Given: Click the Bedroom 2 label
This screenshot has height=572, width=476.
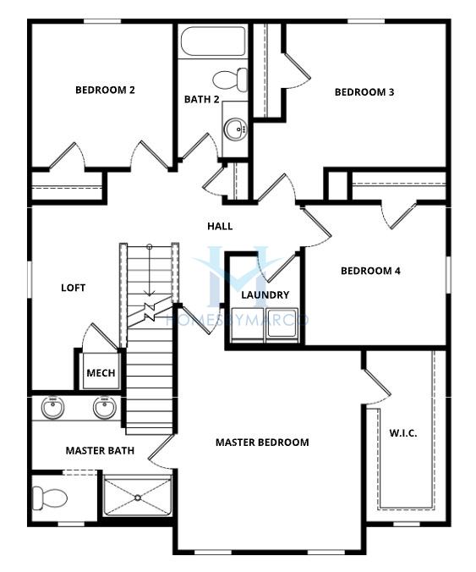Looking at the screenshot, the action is [105, 90].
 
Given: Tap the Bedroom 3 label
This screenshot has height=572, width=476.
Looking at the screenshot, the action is [364, 92].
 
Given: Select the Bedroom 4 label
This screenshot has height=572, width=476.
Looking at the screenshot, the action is [370, 271].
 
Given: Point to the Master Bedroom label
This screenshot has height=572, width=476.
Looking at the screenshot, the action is [262, 443].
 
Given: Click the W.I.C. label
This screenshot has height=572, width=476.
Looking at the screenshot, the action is [403, 433].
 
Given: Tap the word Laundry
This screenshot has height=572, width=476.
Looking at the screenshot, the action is [265, 294].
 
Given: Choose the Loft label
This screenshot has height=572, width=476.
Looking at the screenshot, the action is [74, 288].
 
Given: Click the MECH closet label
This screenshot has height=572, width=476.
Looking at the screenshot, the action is [101, 373].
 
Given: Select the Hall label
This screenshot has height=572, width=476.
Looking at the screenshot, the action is [220, 226].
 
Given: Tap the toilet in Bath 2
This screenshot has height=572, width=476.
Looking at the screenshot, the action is [230, 80].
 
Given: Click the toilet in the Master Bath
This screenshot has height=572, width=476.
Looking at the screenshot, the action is [50, 498].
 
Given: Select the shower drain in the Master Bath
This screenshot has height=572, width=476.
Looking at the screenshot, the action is [138, 498].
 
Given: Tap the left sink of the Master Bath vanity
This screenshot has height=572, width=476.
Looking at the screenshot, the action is [52, 408].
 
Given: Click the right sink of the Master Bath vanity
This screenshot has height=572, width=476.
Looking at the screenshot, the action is [105, 408].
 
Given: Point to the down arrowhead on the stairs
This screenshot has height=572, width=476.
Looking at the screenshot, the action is [149, 293].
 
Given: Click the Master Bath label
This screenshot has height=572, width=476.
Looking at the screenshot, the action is [100, 450].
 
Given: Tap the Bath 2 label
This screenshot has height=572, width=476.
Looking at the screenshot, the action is [201, 99].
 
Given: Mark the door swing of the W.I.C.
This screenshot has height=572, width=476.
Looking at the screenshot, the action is [378, 388].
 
